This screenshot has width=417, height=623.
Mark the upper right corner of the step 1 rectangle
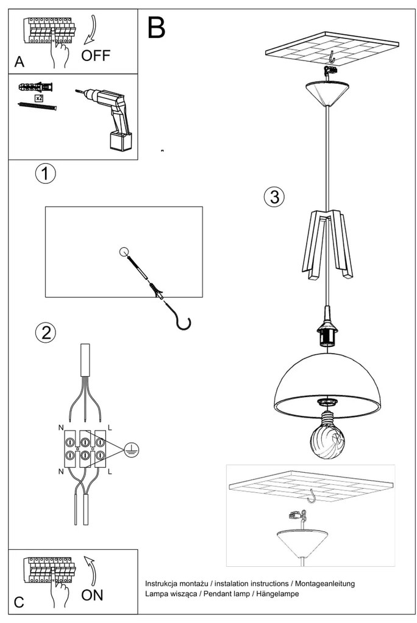click(202, 206)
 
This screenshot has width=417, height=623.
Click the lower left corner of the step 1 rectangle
click(45, 297)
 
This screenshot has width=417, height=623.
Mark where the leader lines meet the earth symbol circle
click(124, 450)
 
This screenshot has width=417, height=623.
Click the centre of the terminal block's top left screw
click(69, 442)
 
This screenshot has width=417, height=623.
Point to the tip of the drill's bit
click(76, 91)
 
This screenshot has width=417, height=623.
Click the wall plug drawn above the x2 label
click(36, 86)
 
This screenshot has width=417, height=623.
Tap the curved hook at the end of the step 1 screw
click(184, 321)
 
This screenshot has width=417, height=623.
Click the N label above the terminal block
click(61, 428)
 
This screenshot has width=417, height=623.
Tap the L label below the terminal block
click(110, 472)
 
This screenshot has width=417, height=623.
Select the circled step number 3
click(274, 196)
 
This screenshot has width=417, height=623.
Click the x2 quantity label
click(39, 98)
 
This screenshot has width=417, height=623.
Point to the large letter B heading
click(156, 27)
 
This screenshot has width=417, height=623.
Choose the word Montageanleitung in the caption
click(324, 584)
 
